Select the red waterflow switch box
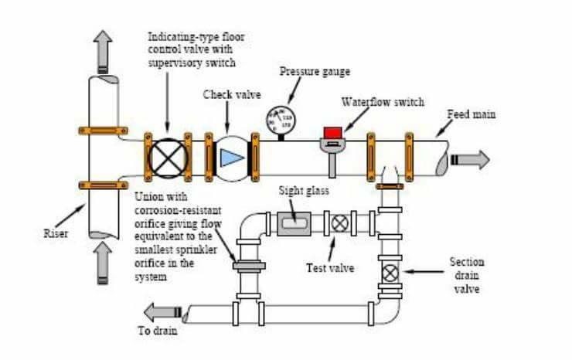click(332, 132)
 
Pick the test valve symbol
click(339, 223)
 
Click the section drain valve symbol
click(391, 273)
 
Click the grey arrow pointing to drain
click(165, 312)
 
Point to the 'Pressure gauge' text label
click(314, 71)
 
